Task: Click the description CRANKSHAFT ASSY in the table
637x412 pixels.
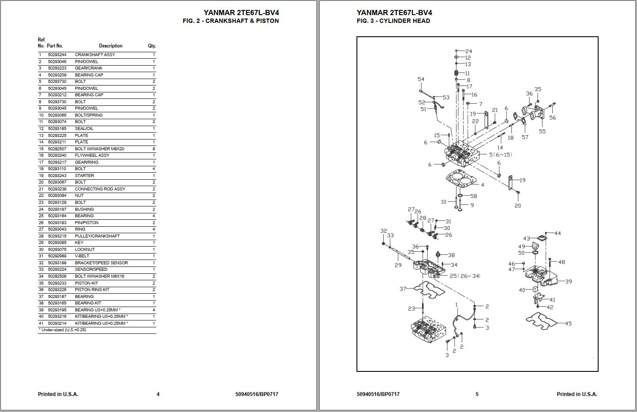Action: [x=95, y=55]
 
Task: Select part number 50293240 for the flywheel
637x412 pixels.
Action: [x=57, y=155]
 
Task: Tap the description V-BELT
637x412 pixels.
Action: [x=82, y=256]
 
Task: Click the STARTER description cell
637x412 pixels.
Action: [x=84, y=176]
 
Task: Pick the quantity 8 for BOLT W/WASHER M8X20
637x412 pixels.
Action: [x=154, y=149]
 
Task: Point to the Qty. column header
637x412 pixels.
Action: [x=151, y=46]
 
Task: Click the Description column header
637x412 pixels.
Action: [x=110, y=46]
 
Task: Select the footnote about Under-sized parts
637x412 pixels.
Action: [x=62, y=330]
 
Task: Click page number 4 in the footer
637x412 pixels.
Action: [x=158, y=394]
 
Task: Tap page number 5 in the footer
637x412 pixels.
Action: [x=477, y=394]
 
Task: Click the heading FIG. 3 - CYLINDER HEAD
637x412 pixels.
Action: [x=393, y=21]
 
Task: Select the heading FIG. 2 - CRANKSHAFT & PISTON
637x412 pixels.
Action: [x=230, y=21]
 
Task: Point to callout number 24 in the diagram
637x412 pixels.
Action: [x=468, y=51]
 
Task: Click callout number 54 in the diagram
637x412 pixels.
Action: [x=421, y=79]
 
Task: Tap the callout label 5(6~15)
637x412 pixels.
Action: [x=500, y=155]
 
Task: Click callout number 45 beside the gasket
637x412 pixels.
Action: [x=568, y=323]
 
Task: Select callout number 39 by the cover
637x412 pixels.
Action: [x=568, y=281]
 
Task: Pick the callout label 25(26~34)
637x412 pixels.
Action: [x=465, y=276]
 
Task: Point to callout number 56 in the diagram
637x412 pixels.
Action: [x=552, y=117]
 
